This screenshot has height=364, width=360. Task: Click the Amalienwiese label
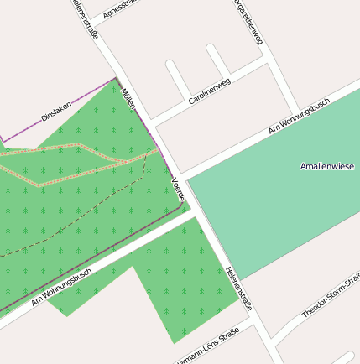(327, 167)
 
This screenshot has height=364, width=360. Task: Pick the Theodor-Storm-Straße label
(331, 298)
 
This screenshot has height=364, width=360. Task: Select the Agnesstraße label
(118, 8)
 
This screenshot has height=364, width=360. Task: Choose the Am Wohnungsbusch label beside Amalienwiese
(299, 116)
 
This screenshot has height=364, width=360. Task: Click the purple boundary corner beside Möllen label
(116, 79)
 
